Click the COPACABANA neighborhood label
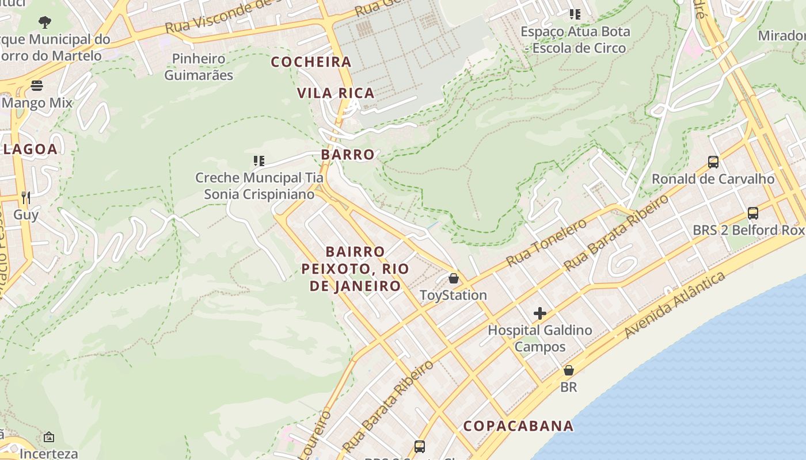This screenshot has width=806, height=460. click(518, 426)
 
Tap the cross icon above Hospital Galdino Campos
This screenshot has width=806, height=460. click(539, 313)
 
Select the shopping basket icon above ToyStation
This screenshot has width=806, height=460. click(454, 278)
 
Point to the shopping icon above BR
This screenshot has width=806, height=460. click(569, 370)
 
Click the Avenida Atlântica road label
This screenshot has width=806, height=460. click(675, 305)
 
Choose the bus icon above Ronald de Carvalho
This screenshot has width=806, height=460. click(713, 162)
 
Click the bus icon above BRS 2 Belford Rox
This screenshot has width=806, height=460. click(752, 213)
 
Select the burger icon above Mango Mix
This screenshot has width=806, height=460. click(37, 86)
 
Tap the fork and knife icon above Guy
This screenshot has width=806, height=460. click(25, 198)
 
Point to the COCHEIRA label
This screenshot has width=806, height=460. click(311, 62)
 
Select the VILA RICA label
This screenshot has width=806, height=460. click(336, 93)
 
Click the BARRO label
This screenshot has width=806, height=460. click(348, 155)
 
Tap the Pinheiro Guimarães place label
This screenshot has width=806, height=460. click(199, 67)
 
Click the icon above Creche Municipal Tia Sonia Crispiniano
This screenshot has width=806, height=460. click(259, 160)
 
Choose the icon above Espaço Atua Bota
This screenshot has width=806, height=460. click(575, 14)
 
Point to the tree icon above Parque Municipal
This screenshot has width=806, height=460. click(45, 22)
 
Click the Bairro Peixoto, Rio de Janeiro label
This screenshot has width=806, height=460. click(355, 269)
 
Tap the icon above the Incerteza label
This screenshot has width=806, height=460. click(49, 438)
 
